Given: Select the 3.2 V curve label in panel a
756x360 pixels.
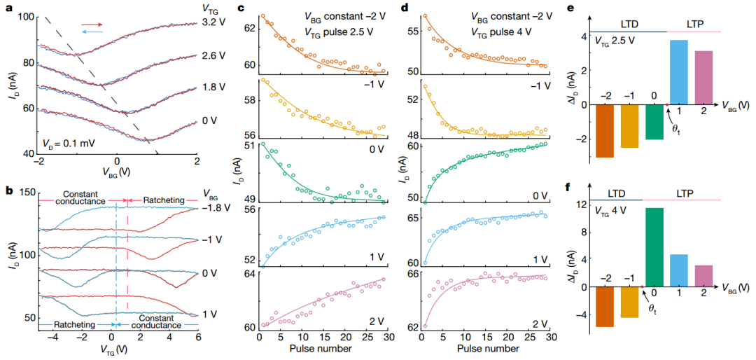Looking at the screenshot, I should tap(214, 23).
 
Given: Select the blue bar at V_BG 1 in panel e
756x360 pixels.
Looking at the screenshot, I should tap(680, 72).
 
